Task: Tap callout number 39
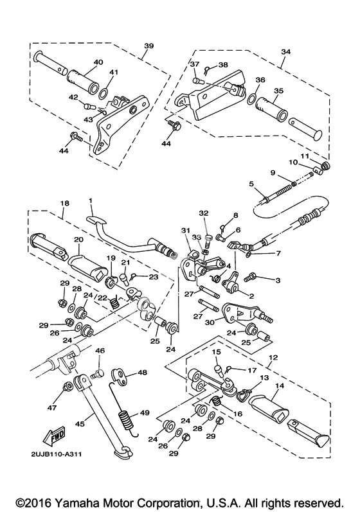pyautogui.click(x=148, y=46)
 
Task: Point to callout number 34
pyautogui.click(x=285, y=51)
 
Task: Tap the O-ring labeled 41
pyautogui.click(x=102, y=94)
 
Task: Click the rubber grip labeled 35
pyautogui.click(x=271, y=108)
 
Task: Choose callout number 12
pyautogui.click(x=273, y=358)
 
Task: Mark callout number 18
pyautogui.click(x=65, y=203)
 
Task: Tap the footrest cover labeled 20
pyautogui.click(x=87, y=267)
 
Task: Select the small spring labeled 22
pyautogui.click(x=114, y=302)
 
